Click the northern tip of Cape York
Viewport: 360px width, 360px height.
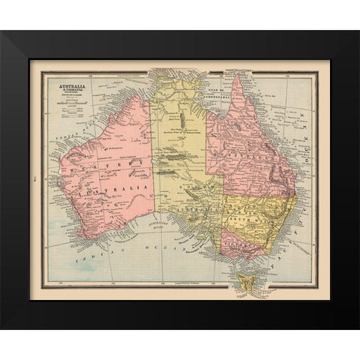point(238,76)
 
